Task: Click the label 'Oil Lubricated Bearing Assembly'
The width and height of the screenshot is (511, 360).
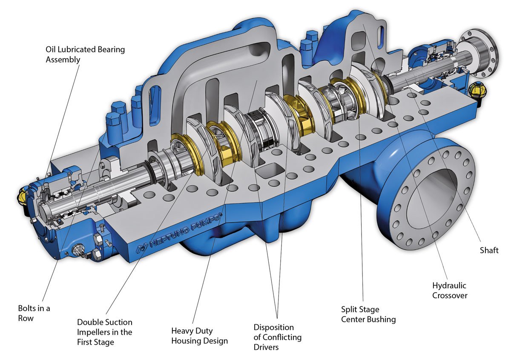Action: tap(85, 54)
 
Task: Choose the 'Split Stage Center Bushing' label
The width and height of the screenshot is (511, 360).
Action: tap(368, 314)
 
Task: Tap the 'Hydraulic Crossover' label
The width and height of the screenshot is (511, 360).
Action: tap(449, 290)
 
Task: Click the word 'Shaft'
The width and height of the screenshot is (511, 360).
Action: tap(489, 250)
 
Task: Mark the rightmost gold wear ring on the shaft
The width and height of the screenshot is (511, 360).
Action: tap(381, 87)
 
